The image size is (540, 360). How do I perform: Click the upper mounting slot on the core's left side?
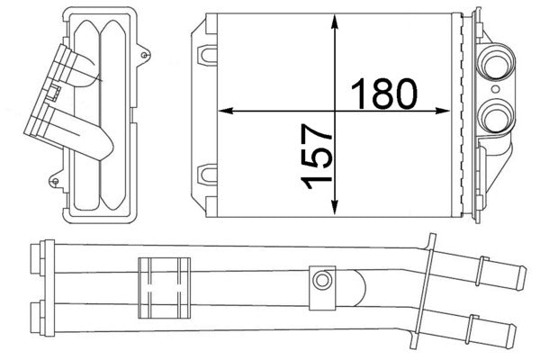[208, 51]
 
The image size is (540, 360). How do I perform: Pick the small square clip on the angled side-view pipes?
[55, 91]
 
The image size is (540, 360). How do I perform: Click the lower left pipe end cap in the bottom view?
[37, 316]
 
